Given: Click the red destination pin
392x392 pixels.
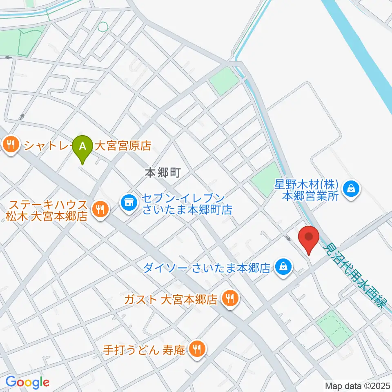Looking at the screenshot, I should click(309, 238).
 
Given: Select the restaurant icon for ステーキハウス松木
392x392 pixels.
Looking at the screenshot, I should click(99, 210).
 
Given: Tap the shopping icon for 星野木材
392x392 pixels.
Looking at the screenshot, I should click(350, 189).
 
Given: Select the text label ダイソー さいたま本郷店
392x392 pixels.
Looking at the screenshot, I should click(207, 268).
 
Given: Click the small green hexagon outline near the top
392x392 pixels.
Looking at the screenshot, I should click(102, 27).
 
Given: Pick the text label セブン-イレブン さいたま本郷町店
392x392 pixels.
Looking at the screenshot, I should click(187, 205).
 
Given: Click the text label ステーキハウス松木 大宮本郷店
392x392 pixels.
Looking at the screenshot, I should click(47, 210).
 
